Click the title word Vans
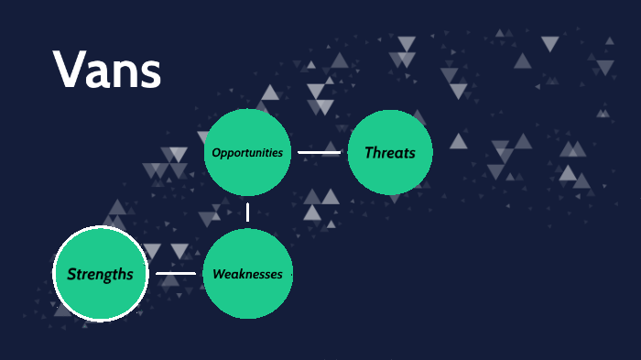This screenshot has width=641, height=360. (107, 70)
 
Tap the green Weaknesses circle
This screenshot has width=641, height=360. (247, 274)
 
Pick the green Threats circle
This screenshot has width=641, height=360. (390, 152)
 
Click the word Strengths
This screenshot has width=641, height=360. (100, 274)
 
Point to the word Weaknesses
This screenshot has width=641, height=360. (247, 274)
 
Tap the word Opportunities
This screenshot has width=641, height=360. (247, 152)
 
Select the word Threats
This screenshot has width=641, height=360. (390, 153)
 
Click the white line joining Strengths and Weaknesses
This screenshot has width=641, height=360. (175, 273)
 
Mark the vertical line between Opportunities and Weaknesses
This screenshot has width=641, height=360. (247, 213)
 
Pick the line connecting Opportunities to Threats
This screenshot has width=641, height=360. (319, 152)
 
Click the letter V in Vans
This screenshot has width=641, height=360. (69, 70)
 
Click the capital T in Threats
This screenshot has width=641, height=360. (369, 153)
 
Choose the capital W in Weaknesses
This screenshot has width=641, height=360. (219, 274)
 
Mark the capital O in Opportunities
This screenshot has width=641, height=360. (215, 152)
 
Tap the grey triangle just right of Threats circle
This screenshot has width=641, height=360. (458, 141)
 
